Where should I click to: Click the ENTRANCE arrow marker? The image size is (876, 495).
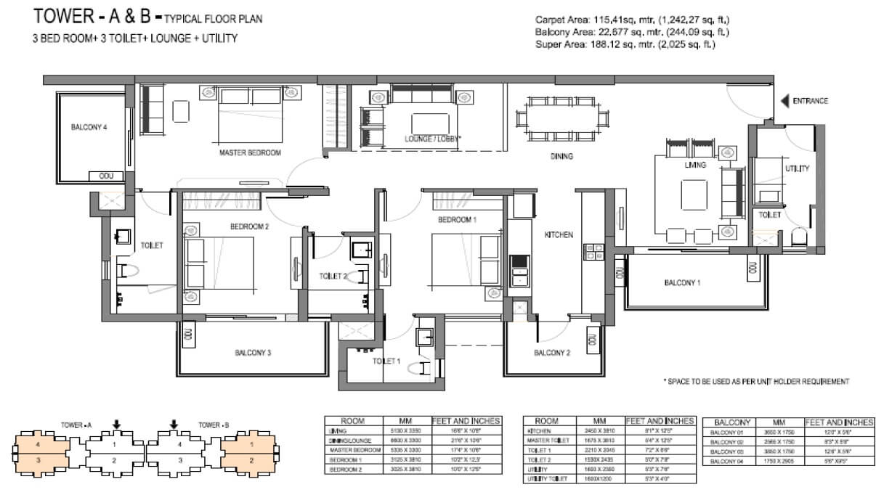click(x=784, y=102)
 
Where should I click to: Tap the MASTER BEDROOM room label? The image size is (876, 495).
click(x=250, y=153)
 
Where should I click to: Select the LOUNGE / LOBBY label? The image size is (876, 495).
click(x=433, y=138)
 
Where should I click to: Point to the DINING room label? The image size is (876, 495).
click(x=561, y=156)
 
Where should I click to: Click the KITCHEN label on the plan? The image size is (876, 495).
click(x=559, y=234)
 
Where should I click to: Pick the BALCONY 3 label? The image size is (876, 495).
click(x=253, y=353)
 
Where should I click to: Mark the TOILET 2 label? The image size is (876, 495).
click(x=333, y=276)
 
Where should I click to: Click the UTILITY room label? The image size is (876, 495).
click(x=797, y=168)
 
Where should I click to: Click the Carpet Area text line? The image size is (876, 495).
click(x=632, y=20)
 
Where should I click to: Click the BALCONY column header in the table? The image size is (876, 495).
click(x=729, y=422)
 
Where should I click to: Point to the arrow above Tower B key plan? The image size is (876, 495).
click(x=173, y=425)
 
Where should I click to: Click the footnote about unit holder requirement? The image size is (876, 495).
click(x=756, y=381)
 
